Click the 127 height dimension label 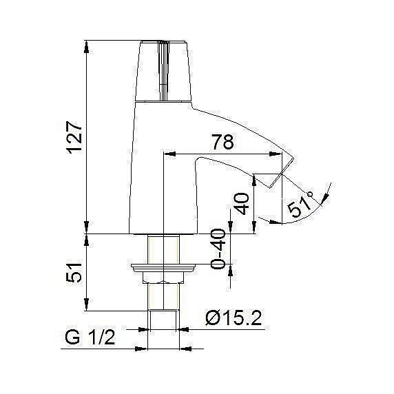coord(74,138)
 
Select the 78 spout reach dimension coord(220,143)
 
